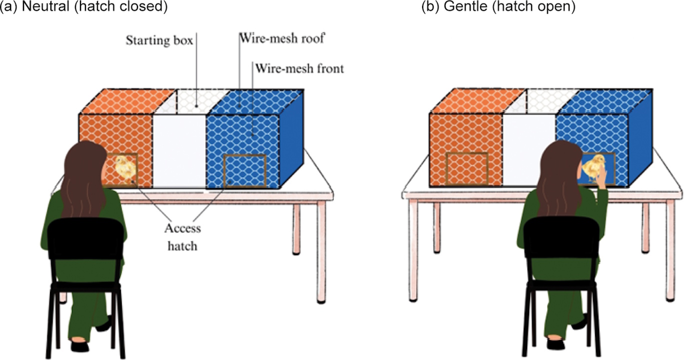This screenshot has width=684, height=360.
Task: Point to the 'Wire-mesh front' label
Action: click(299, 68)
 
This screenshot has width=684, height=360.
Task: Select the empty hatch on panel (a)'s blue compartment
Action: click(244, 171)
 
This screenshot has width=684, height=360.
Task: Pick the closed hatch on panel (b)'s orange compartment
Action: click(467, 169)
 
